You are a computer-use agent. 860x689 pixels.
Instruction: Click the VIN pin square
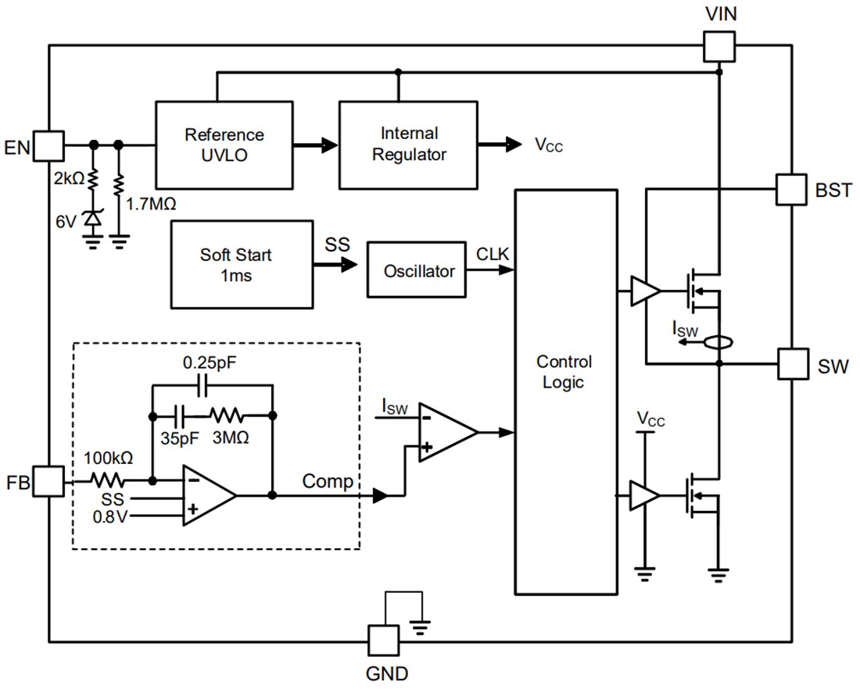click(x=718, y=45)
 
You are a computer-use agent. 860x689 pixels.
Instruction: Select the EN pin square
click(x=48, y=145)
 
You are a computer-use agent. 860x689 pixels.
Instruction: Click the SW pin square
click(x=793, y=364)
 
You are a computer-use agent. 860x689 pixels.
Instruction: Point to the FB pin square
click(x=48, y=481)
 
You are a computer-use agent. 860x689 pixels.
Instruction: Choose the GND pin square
click(x=383, y=641)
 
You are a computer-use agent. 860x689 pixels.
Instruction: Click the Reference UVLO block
click(x=224, y=145)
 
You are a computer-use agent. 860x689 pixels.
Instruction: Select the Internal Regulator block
click(x=407, y=145)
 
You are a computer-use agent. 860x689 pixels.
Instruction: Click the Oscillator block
click(x=418, y=271)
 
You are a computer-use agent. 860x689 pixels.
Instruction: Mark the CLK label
click(x=492, y=254)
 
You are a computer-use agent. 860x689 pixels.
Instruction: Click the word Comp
click(x=328, y=481)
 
